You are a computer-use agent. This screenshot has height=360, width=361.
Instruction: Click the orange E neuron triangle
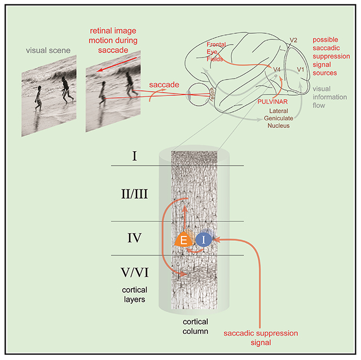184,240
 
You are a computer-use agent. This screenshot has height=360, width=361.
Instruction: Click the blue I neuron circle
204,240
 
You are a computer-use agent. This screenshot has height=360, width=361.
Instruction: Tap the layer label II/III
134,194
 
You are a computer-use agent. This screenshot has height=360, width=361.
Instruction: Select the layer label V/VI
134,274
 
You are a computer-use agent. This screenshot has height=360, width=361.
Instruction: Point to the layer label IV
134,239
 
